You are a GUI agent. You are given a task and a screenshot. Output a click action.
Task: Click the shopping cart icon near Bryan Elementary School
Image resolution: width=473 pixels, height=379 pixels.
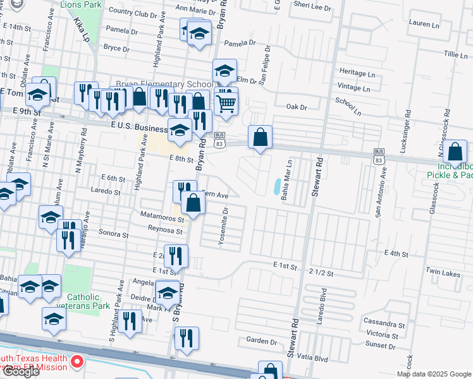click(x=226, y=103)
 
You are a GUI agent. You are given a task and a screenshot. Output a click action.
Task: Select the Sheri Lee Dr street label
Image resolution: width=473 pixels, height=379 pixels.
click(x=314, y=8)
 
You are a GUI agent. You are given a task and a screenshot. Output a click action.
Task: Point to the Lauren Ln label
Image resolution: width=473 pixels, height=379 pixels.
click(x=424, y=24)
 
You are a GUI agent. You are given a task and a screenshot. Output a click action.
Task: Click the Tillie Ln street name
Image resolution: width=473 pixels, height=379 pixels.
click(x=455, y=55)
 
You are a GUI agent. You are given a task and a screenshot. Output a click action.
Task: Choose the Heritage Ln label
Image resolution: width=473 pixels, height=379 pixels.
click(x=357, y=73)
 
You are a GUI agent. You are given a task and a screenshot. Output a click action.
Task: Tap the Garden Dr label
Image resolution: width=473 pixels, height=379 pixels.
click(x=258, y=340)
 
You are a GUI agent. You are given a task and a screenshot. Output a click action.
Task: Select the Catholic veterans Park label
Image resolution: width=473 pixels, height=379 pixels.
click(x=83, y=301)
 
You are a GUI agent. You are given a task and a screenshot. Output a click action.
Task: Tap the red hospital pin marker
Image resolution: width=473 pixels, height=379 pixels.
click(x=78, y=362)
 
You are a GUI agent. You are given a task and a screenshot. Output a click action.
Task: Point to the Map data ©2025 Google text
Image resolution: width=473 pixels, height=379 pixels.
click(x=433, y=374)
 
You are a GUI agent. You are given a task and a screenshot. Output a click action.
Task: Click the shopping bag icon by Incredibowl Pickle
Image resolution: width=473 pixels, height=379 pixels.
click(x=455, y=153)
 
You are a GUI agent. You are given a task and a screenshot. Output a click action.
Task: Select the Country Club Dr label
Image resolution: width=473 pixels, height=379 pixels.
click(x=133, y=13)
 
